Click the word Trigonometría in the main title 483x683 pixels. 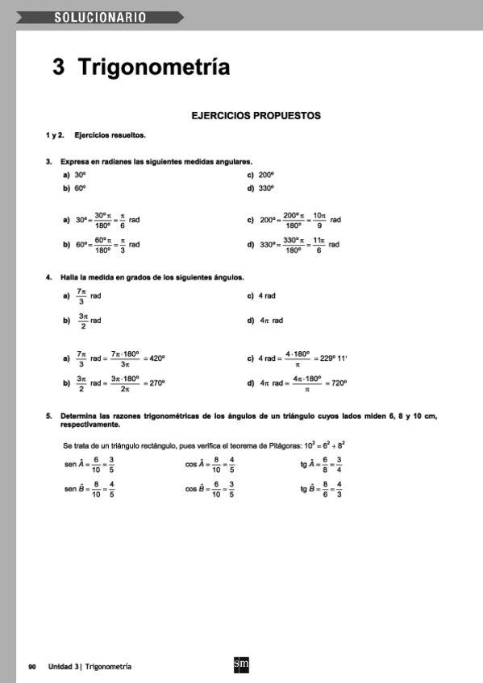153,68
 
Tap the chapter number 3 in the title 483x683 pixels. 59,68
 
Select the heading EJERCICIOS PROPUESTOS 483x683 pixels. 256,115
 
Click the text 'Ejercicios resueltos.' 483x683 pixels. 110,135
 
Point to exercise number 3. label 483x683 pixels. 49,161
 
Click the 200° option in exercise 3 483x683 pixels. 266,174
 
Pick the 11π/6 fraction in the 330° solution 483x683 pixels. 319,244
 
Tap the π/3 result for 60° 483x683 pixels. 121,244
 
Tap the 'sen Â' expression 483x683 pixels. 77,464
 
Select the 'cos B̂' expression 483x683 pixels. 197,489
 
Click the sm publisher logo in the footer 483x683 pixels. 240,664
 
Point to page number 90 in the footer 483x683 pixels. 32,666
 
